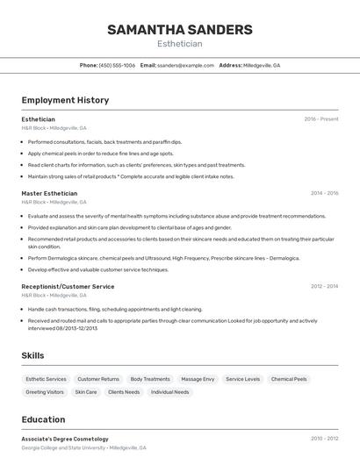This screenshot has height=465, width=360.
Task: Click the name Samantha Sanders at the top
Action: coord(179,30)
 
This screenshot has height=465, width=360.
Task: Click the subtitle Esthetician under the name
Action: coord(179,44)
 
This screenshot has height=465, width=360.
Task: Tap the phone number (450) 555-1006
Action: coord(117,65)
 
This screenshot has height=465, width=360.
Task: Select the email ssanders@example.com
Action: coord(185,65)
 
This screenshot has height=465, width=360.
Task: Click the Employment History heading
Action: coord(65,100)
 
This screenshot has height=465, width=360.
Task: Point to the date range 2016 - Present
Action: coord(321,119)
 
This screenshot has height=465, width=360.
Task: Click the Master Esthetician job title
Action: coord(49,193)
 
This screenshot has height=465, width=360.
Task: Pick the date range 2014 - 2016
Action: coord(324,193)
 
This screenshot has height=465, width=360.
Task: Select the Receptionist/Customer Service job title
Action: coord(68,286)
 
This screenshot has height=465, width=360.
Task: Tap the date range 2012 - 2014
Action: coord(324,286)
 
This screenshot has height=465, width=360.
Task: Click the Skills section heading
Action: coord(33,355)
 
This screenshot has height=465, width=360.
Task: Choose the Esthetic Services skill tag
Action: coord(46,379)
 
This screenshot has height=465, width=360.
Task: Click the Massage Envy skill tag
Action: coord(198,379)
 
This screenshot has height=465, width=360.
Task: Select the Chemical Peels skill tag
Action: coord(289,379)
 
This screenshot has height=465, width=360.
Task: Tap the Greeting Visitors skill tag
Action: coord(45,392)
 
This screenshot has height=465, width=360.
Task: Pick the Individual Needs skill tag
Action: coord(170,392)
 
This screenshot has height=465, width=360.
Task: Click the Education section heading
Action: coord(43,419)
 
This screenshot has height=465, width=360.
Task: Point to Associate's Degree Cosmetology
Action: coord(65,439)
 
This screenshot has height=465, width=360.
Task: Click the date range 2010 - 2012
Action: coord(324,439)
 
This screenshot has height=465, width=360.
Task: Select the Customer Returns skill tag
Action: coord(98,379)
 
